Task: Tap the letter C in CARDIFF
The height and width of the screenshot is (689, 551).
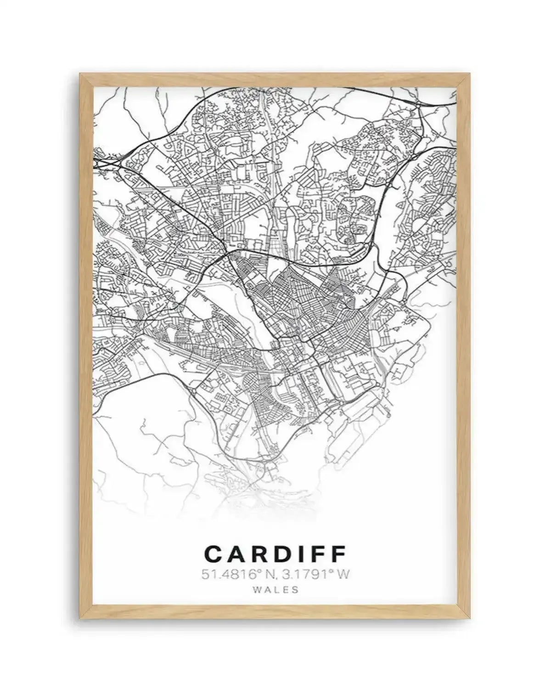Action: tap(214, 554)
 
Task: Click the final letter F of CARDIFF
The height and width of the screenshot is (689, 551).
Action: tap(337, 554)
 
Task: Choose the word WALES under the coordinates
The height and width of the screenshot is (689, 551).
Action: tap(275, 590)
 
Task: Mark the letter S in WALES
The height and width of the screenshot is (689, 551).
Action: tap(295, 590)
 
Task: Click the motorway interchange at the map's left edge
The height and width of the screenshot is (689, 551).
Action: tap(107, 162)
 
